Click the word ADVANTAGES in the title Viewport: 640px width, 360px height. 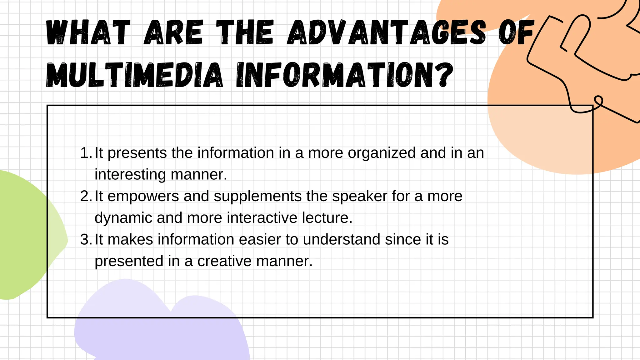pos(387,32)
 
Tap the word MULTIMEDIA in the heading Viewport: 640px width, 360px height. pos(135,75)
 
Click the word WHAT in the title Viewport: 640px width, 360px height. pos(88,32)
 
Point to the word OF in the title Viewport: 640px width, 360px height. pos(516,32)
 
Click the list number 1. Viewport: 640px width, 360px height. pos(85,153)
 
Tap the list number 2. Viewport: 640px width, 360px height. pos(85,196)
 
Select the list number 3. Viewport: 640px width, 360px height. pos(85,240)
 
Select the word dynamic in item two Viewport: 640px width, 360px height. pos(123,218)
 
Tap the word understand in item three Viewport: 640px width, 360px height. pos(341,240)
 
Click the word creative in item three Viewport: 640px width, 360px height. pos(224,261)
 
